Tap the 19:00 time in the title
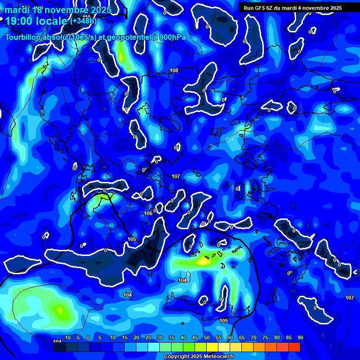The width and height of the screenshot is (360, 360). pos(19,21)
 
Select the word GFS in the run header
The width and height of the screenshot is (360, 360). pos(261,8)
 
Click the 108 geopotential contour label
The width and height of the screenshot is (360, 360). pos(174,70)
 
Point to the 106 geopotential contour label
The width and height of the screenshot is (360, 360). pos(148,213)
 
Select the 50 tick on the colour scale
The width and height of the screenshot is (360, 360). pos(207,338)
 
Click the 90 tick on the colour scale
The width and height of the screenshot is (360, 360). pos(300,338)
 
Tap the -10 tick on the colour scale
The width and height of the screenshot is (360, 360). pos(67,338)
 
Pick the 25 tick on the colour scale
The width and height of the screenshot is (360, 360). pos(148,338)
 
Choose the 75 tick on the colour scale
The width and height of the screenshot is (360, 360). pos(265,338)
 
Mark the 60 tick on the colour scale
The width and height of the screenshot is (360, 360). pos(230,338)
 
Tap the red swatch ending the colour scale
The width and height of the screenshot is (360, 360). pos(294,347)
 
